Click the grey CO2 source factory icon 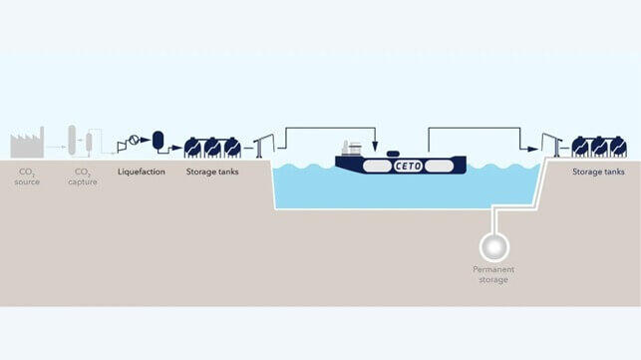[26, 146]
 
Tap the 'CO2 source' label [27, 177]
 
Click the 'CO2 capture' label [82, 177]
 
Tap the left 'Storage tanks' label [212, 172]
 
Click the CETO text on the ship [410, 165]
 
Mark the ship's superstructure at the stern [352, 151]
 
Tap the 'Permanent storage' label [492, 274]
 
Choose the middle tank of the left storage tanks [212, 147]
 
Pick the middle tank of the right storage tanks [599, 147]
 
